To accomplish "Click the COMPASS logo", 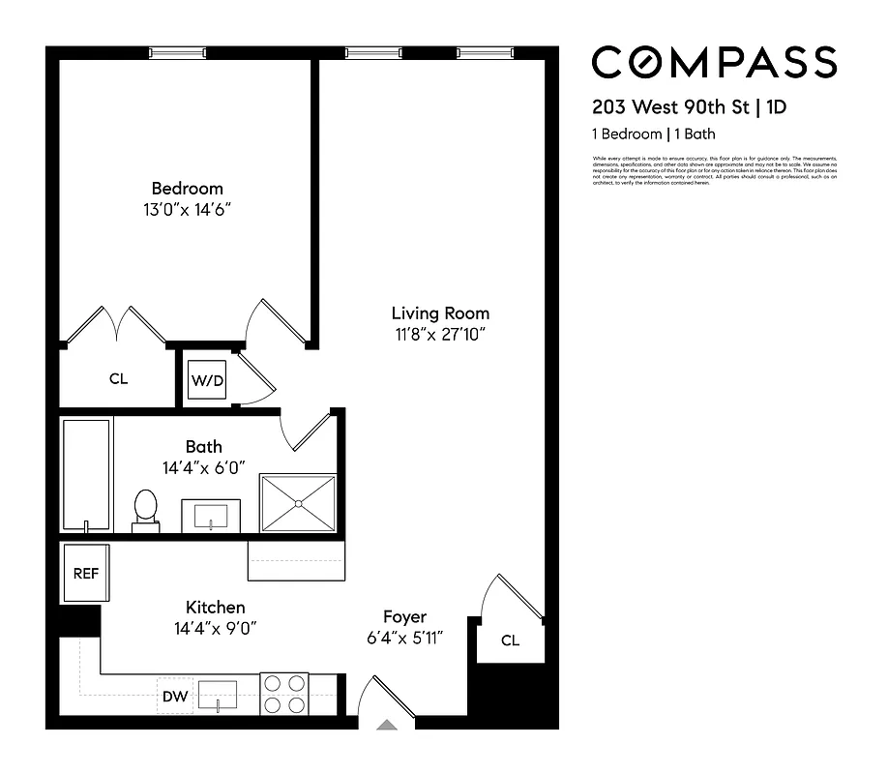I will tap(714, 63).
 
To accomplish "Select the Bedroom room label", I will tap(187, 189).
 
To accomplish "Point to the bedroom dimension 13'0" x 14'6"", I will tap(187, 209).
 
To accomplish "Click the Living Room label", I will tap(440, 313).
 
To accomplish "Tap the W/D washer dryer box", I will tap(206, 380).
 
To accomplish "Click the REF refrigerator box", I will tap(86, 573).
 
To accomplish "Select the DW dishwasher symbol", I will tap(175, 695).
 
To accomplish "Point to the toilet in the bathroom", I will tap(145, 509).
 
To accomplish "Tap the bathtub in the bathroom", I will tap(87, 474).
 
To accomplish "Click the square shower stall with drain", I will tap(298, 502).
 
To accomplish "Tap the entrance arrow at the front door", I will tap(387, 724).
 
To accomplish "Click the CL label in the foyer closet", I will tap(510, 640).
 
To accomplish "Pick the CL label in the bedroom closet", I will tap(118, 379).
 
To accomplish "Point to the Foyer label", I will tap(404, 617).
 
